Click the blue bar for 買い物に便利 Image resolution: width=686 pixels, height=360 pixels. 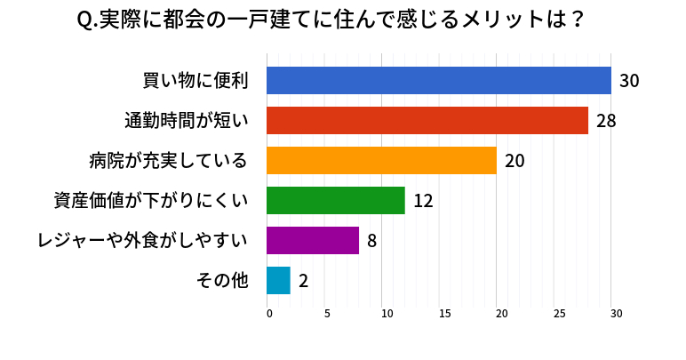coord(439,81)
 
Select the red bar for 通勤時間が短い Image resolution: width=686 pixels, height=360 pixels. coord(427,121)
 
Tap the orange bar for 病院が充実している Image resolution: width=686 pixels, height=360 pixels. coord(381,161)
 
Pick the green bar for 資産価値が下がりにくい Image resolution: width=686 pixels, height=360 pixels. coord(336,200)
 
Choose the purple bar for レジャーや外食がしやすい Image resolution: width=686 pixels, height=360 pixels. coord(313,240)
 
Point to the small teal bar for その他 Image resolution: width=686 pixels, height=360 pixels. coord(278,280)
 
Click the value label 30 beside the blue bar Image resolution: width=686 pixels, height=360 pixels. coord(629,81)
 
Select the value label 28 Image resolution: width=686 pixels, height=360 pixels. coord(606,121)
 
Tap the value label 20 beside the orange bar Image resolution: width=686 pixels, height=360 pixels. coord(514,161)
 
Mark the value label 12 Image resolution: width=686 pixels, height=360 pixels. coord(423,201)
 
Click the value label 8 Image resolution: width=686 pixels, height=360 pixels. coord(372,241)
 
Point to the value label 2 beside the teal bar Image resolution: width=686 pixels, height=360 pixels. coord(303,281)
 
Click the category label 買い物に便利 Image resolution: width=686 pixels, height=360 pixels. coord(195,81)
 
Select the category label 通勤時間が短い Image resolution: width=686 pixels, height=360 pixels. coord(186,121)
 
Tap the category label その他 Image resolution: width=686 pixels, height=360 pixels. coord(222,281)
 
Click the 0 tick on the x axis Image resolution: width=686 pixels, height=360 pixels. coord(268,314)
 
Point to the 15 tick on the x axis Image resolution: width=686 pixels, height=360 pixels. coord(443,314)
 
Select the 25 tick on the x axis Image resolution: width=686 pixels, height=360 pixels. coord(559,314)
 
